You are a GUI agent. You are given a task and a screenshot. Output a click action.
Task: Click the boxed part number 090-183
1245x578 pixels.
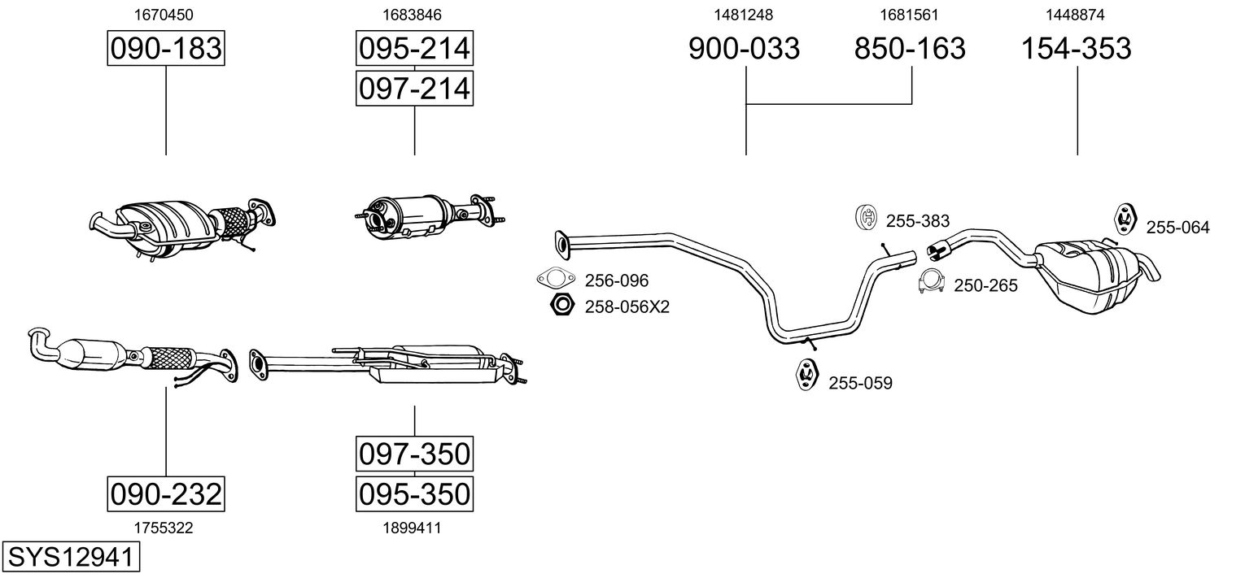coord(166,49)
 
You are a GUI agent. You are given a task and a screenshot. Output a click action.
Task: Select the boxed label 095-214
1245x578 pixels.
coord(414,49)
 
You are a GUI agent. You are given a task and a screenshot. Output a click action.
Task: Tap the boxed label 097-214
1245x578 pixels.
coord(414,88)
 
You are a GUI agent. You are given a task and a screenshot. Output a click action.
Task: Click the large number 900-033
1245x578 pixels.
coord(745,49)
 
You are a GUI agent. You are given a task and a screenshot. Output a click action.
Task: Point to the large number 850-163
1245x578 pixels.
coord(910,49)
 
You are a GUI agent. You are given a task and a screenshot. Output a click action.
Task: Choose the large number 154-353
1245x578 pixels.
coord(1077,49)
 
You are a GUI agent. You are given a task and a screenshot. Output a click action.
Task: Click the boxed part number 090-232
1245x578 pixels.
coord(166,493)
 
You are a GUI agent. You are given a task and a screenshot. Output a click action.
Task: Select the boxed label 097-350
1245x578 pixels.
coord(414,454)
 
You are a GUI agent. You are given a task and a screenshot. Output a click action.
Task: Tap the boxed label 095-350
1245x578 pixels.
coord(414,493)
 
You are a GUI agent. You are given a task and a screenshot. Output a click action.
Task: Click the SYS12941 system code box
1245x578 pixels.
coord(71,557)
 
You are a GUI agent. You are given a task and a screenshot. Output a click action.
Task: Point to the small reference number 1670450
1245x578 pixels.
coord(166,15)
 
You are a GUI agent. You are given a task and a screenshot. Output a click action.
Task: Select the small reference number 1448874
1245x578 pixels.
coord(1077,15)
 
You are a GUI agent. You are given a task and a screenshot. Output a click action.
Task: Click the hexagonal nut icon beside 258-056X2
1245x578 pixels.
coord(561,306)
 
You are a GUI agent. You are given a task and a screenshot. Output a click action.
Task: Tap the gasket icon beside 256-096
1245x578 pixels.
coord(556,279)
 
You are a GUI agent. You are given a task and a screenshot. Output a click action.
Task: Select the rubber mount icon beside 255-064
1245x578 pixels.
coord(1125,219)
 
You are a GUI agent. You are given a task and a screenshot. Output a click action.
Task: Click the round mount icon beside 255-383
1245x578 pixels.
coord(867,218)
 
